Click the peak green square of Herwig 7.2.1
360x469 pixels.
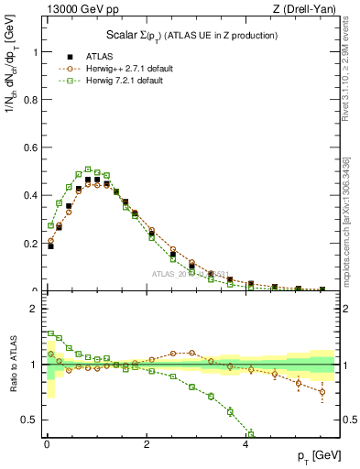tap(87, 169)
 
